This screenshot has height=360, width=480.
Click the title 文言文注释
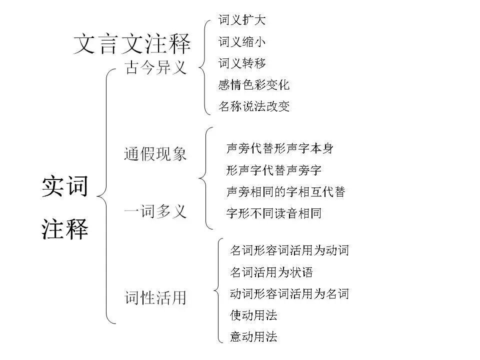(x=132, y=43)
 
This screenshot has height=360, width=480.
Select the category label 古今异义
(x=155, y=67)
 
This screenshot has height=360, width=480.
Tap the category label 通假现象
(x=155, y=154)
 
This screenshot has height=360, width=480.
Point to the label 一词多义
(x=155, y=211)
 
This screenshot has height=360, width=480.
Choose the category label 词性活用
(x=155, y=298)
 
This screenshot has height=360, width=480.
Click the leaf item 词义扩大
(x=242, y=20)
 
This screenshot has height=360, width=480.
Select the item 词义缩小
(x=242, y=42)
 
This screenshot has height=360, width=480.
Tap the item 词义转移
(x=242, y=63)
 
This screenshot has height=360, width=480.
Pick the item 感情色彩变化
(x=254, y=85)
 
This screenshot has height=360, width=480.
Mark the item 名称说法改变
(x=254, y=106)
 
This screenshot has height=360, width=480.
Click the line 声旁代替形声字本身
(x=280, y=148)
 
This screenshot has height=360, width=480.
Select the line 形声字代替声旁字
(x=273, y=170)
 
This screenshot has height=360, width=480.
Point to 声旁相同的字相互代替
(x=286, y=192)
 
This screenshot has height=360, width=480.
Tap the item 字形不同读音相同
(x=273, y=214)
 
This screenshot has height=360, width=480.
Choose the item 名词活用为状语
(x=271, y=272)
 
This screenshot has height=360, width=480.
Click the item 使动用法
(x=253, y=315)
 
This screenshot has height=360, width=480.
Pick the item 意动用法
(x=253, y=337)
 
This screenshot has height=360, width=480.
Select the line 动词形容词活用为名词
(x=289, y=294)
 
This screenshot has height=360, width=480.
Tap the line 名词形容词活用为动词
(x=289, y=250)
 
